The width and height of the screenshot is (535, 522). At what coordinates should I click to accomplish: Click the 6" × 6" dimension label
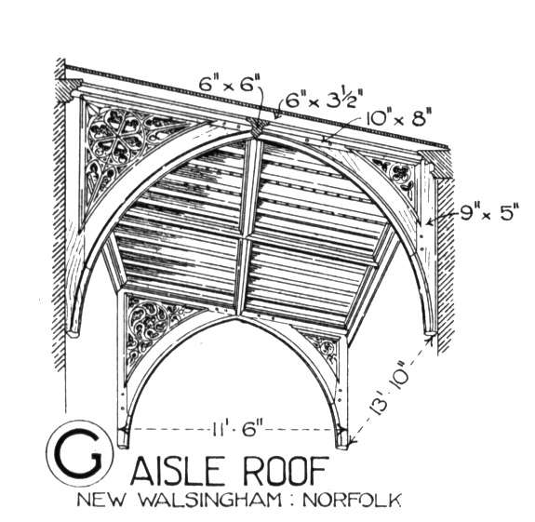(231, 85)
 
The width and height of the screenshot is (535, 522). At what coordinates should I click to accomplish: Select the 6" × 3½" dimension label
(321, 98)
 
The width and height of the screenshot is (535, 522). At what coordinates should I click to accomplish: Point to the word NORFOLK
(352, 501)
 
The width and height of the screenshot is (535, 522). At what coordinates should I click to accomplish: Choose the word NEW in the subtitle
(100, 501)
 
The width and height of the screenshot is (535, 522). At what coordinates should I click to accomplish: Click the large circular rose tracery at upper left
(116, 137)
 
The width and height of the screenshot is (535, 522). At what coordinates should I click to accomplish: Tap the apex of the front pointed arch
(236, 316)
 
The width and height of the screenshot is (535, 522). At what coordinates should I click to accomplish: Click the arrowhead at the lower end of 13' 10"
(354, 442)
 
